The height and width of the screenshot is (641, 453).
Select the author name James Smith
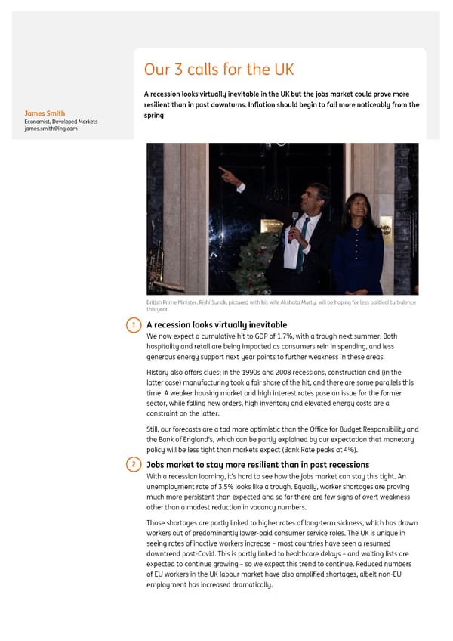[x=45, y=114]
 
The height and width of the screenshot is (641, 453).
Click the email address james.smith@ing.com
[x=51, y=129]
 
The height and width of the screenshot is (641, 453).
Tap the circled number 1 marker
[x=132, y=325]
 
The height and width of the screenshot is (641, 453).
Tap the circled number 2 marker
[x=132, y=465]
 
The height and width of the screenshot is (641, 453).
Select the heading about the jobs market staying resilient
[x=257, y=465]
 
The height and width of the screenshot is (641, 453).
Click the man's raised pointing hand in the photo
[x=224, y=172]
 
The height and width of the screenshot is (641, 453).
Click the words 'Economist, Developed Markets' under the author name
[x=60, y=122]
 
